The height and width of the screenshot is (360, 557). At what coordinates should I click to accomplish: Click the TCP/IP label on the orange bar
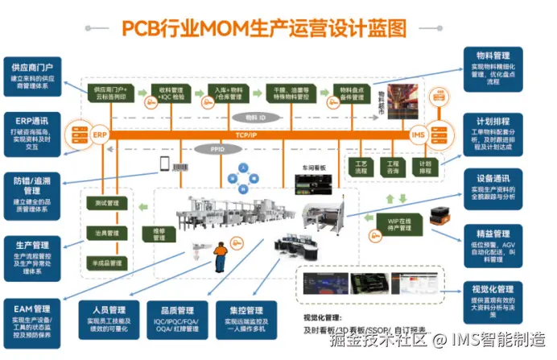click(x=246, y=134)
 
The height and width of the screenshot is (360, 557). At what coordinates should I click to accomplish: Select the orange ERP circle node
click(x=99, y=134)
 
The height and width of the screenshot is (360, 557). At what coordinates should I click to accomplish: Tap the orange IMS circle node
click(x=418, y=134)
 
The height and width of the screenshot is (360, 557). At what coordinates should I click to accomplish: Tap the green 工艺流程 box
click(x=361, y=168)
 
